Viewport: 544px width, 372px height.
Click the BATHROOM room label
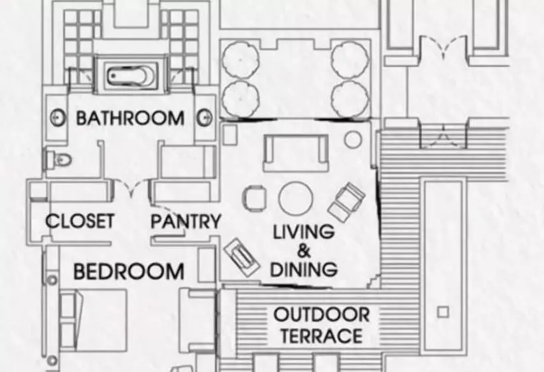point(130,118)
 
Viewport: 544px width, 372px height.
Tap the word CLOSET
point(80,221)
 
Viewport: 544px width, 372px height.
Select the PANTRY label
point(186,221)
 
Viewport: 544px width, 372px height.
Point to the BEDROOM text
point(129,271)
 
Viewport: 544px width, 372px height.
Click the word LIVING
point(304,232)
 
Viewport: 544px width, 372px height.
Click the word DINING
point(304,269)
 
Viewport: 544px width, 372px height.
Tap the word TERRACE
point(322,336)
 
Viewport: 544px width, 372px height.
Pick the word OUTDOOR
point(322,315)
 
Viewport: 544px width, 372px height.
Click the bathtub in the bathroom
point(131,75)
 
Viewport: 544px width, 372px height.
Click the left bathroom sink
point(58,118)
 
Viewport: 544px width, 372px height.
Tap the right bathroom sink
point(205,118)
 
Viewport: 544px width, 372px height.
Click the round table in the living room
point(296,199)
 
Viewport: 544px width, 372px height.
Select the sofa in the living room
point(296,153)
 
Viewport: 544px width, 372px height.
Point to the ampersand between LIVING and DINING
point(304,251)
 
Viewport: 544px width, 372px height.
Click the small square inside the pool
point(442,312)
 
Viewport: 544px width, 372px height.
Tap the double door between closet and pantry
point(131,187)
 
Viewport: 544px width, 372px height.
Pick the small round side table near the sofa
point(353,139)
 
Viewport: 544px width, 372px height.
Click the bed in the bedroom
point(94,320)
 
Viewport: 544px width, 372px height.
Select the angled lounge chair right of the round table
point(346,202)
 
